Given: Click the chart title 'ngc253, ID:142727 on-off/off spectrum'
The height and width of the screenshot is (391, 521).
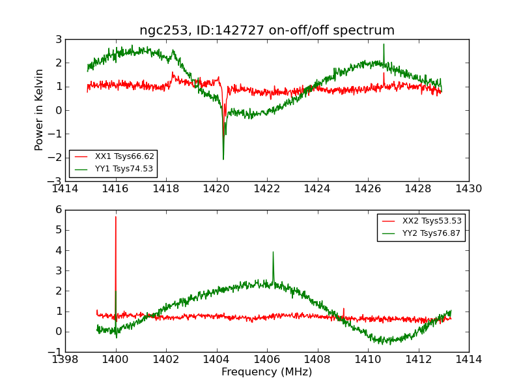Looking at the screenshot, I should point(267,31).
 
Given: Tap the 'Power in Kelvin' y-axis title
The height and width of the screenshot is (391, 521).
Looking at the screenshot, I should point(40,109).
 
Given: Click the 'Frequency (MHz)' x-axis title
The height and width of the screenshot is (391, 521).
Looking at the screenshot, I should point(267,372).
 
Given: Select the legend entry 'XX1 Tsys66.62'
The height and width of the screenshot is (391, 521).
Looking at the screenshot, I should point(124,156).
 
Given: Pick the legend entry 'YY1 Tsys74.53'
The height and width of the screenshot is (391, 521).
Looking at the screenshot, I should point(124,169).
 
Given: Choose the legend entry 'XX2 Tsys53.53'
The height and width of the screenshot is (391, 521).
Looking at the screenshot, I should point(432,221).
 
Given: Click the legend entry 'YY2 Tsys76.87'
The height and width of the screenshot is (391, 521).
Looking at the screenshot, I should point(432,233).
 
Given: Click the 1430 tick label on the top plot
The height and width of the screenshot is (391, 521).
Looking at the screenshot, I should point(468,189).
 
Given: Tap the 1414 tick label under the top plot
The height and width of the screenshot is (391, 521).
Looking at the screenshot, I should point(65,189).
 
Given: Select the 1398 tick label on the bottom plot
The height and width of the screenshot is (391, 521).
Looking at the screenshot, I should point(65,360).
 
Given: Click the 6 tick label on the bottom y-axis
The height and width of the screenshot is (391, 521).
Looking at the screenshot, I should point(58,210).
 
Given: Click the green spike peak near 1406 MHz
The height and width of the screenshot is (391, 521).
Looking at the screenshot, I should point(273,252).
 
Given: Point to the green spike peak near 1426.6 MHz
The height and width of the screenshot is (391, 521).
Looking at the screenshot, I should point(384,44).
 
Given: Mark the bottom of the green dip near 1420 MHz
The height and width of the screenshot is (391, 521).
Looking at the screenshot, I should point(223,159).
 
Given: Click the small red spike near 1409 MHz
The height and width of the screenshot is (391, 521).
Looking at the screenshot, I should point(344,309).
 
